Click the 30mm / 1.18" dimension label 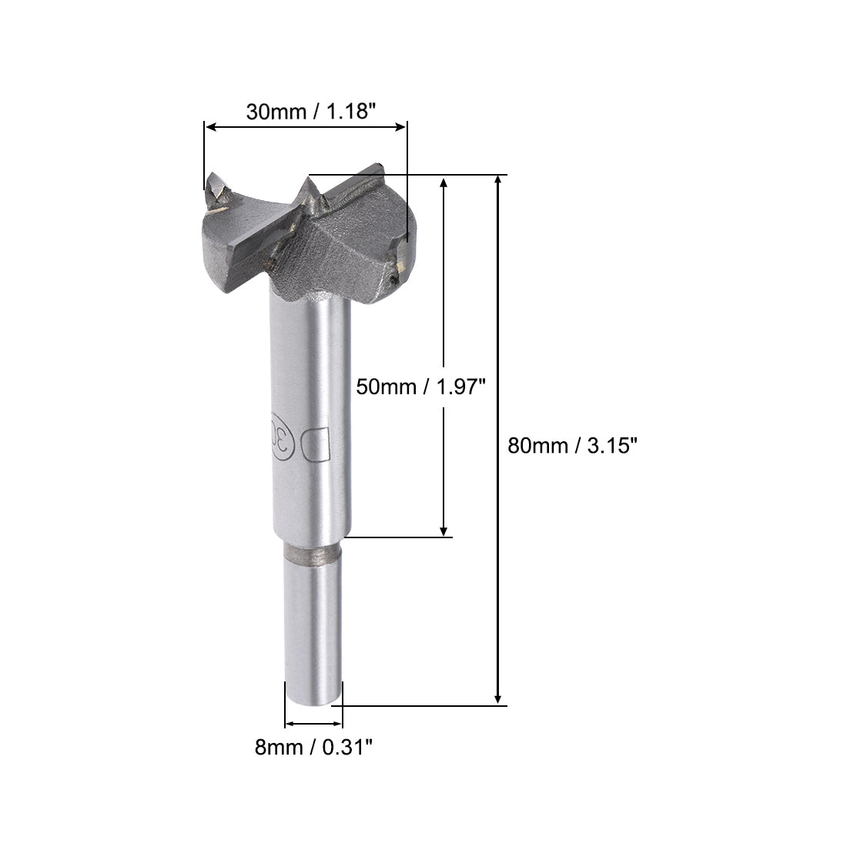pyautogui.click(x=310, y=111)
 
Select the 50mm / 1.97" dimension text pyautogui.click(x=420, y=386)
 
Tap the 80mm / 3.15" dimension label pyautogui.click(x=572, y=445)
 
